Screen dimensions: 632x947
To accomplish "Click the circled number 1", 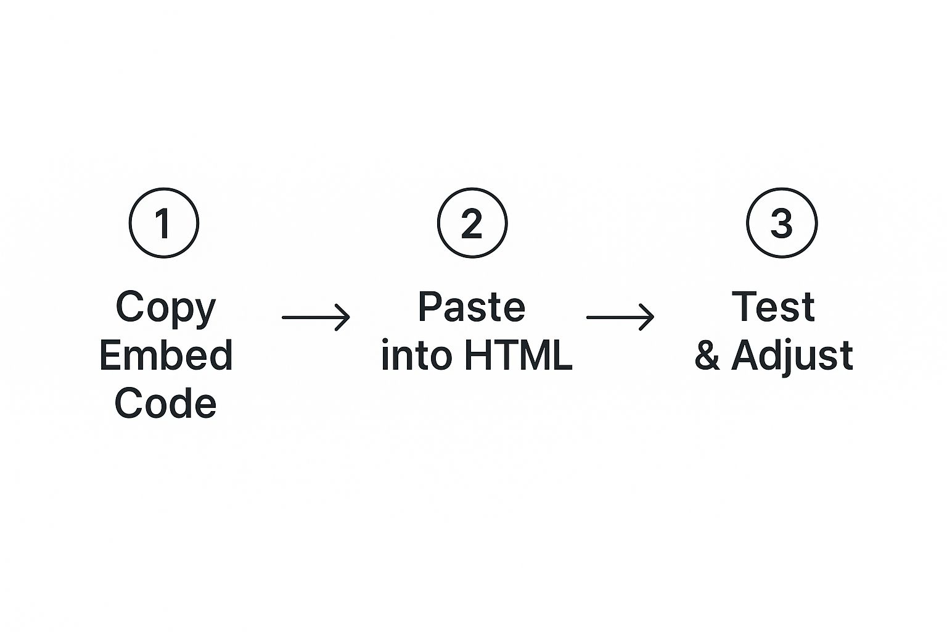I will [164, 223].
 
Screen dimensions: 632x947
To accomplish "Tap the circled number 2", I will [472, 223].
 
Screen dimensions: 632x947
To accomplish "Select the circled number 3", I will [782, 223].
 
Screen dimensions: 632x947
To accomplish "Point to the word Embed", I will [166, 355].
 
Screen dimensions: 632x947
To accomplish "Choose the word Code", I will [166, 404].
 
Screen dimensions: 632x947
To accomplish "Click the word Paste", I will [472, 307].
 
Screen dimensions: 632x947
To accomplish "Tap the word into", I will [417, 355].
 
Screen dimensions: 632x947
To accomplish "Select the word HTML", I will [518, 355].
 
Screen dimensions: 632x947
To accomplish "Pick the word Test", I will [774, 307].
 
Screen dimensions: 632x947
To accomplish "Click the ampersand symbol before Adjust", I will [707, 356].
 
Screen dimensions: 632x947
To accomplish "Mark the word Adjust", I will [792, 357].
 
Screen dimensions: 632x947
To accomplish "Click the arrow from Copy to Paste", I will [316, 317].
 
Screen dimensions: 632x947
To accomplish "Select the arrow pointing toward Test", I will [620, 317].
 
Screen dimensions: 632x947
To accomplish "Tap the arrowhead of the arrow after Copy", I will [344, 317].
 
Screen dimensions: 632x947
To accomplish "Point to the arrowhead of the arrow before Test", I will [648, 317].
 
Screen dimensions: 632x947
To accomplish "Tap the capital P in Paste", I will [430, 307].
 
